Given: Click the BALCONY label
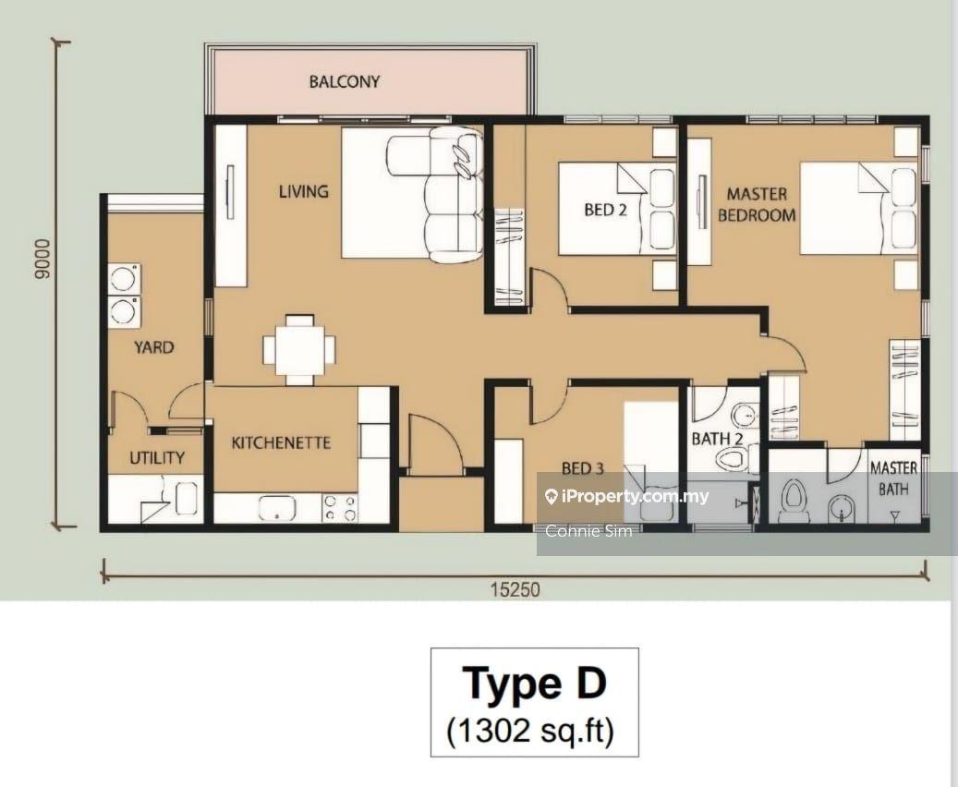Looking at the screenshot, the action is (x=344, y=82).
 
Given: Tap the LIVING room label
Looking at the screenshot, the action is (x=304, y=192).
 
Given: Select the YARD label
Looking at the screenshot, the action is (x=154, y=347).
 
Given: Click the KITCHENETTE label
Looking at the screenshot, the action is (x=281, y=442).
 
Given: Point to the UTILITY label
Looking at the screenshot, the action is (x=157, y=457).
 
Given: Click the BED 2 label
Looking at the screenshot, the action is (x=605, y=211).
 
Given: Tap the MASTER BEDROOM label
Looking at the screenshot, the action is (x=757, y=205).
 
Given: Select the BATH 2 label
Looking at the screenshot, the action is (x=717, y=439).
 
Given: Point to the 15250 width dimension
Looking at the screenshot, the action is (x=515, y=589).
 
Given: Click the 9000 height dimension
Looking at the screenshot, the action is (x=42, y=259).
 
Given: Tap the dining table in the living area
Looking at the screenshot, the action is (x=299, y=349).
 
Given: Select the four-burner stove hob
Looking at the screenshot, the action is (x=340, y=508).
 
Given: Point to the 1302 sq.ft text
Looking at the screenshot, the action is (x=530, y=730).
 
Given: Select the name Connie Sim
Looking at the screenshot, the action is (x=588, y=530).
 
